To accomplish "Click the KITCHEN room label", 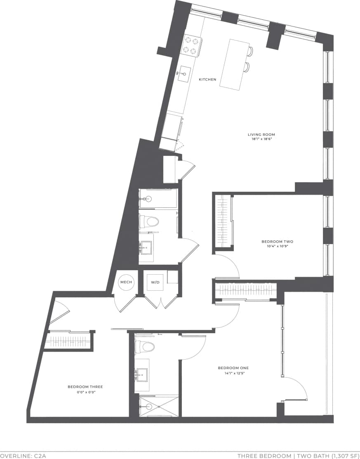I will pyautogui.click(x=207, y=80).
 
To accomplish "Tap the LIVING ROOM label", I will pyautogui.click(x=261, y=134).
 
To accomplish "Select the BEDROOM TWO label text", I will pyautogui.click(x=277, y=241).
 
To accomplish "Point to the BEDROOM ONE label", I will pyautogui.click(x=233, y=368).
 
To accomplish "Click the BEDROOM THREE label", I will pyautogui.click(x=85, y=387).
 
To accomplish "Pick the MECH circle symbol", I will pyautogui.click(x=126, y=282).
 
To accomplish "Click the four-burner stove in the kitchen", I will pyautogui.click(x=191, y=45).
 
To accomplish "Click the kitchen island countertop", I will pyautogui.click(x=234, y=64).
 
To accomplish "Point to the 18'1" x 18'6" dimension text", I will pyautogui.click(x=261, y=139).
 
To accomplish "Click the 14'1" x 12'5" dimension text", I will pyautogui.click(x=233, y=373).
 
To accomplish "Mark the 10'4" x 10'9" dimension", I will pyautogui.click(x=277, y=247).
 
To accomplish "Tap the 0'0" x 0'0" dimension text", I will pyautogui.click(x=85, y=392).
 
